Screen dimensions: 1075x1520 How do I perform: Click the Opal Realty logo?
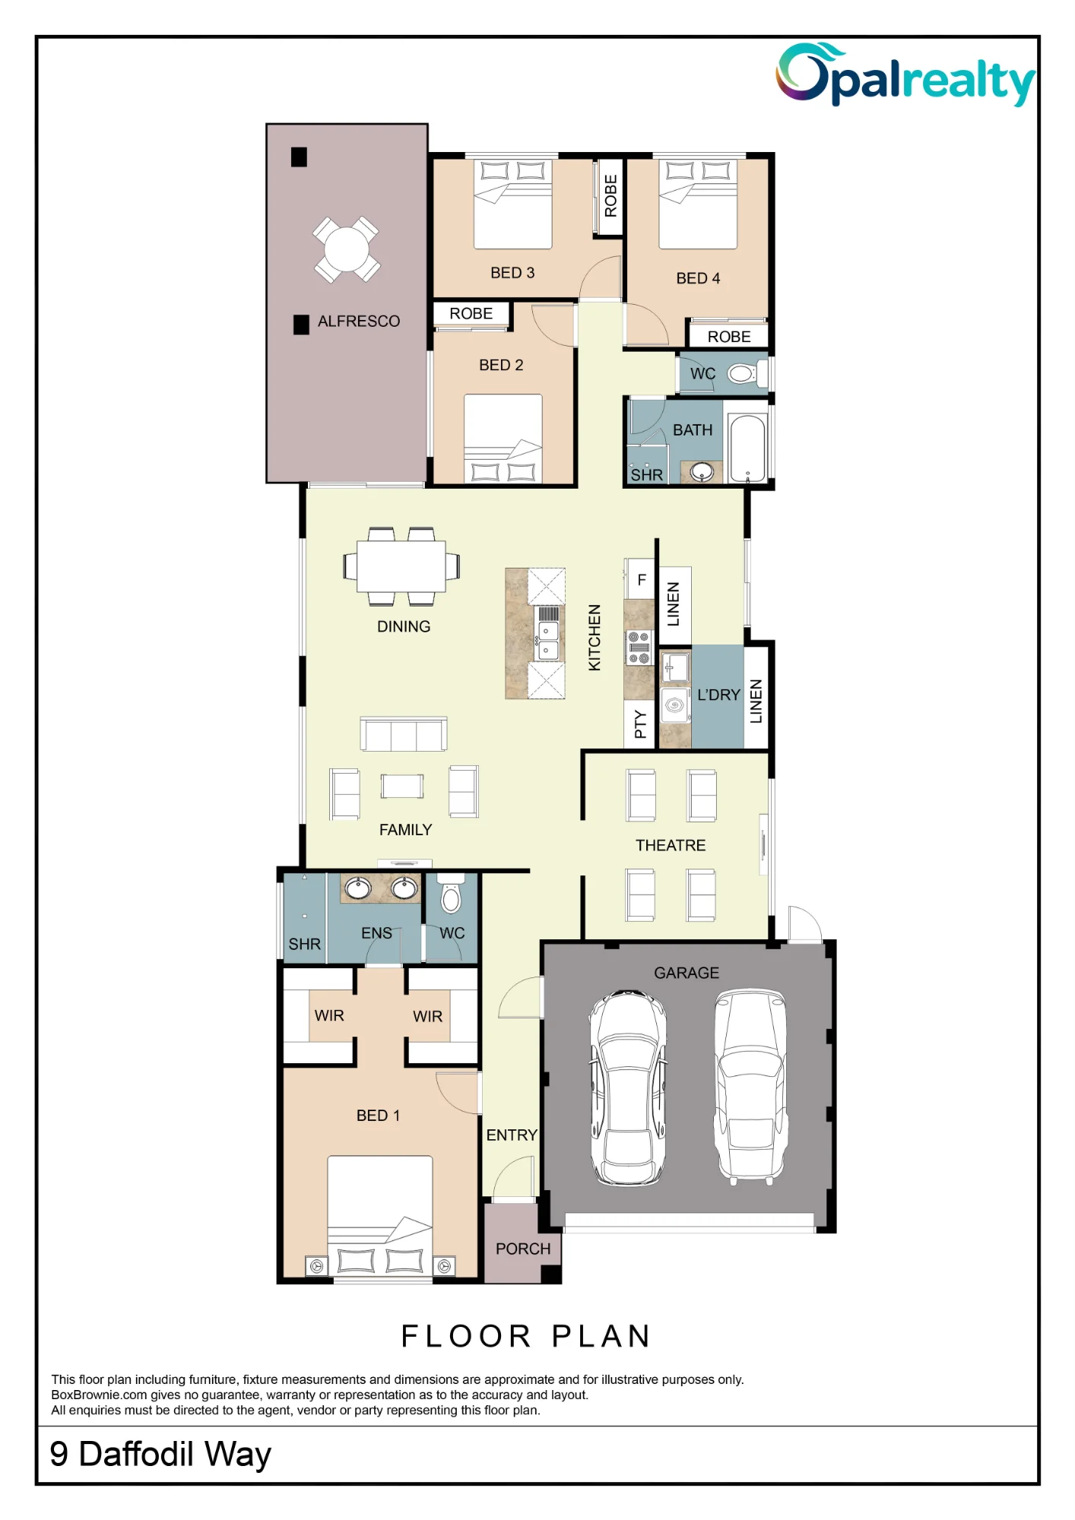(x=905, y=74)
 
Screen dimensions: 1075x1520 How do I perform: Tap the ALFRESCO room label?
(x=359, y=321)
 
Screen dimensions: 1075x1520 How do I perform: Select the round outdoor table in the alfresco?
(x=347, y=249)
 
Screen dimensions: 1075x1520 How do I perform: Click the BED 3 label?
(x=512, y=273)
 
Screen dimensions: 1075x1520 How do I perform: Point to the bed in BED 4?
(x=698, y=204)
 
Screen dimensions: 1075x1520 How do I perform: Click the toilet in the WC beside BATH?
(x=743, y=374)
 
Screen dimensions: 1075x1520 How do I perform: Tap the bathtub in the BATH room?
(x=747, y=448)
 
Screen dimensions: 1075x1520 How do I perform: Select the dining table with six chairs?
(x=401, y=566)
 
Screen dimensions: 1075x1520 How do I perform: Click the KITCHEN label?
(x=595, y=638)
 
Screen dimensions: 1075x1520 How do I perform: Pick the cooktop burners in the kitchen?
(x=639, y=648)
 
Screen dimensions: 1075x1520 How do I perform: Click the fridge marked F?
(x=640, y=579)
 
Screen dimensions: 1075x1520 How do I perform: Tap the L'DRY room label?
(x=718, y=695)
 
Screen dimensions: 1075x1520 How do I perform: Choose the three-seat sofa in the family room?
(x=404, y=734)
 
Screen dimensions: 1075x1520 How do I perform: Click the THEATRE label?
(x=671, y=845)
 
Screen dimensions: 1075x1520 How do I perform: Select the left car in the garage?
(x=628, y=1088)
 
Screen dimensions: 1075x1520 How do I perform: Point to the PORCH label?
(x=523, y=1249)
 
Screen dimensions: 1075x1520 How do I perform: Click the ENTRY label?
(x=512, y=1135)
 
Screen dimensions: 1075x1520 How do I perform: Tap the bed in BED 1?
(x=380, y=1217)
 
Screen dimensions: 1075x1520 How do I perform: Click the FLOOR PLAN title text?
(x=526, y=1336)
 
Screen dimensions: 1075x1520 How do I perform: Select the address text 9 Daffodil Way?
(x=160, y=1455)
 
